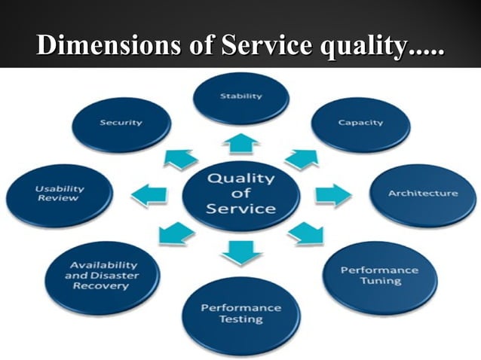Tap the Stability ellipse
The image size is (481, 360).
point(241,97)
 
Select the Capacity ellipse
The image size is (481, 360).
point(360,124)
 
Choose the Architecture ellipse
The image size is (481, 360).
point(422,194)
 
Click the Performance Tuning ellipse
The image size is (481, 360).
point(380,275)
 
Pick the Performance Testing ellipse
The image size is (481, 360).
point(242,314)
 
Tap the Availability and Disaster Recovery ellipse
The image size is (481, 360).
point(103,276)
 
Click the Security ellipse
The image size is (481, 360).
point(121,123)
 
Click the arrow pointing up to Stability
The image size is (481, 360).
point(241,143)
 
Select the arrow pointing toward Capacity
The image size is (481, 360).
point(299,159)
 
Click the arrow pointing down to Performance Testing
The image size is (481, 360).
point(241,251)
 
